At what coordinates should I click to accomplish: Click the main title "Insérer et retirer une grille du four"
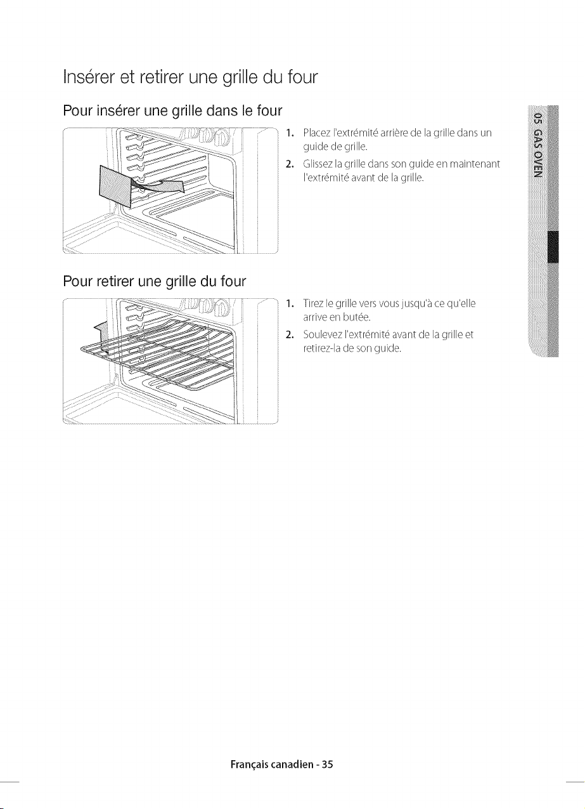pos(190,77)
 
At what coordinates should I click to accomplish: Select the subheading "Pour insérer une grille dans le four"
pos(172,111)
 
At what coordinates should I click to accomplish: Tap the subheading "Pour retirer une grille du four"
pos(155,281)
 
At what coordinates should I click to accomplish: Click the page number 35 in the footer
pos(328,764)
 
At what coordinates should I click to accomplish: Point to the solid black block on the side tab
pos(553,247)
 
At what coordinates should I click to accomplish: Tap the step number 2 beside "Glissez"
pos(288,165)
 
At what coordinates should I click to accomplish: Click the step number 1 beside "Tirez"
pos(288,303)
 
